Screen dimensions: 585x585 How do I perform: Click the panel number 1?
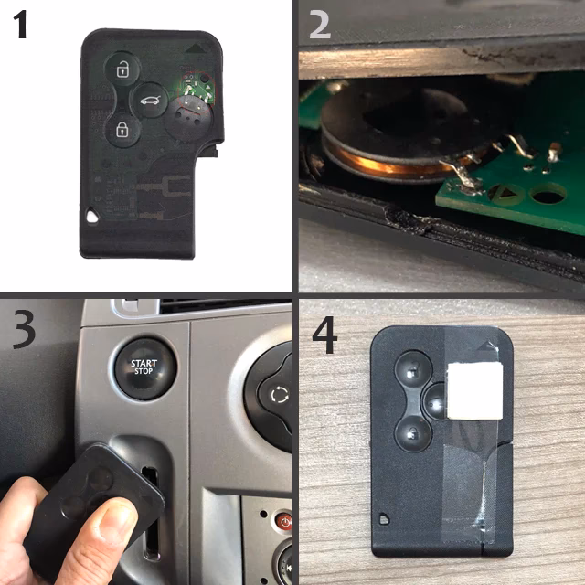20,25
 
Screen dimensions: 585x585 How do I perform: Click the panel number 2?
320,25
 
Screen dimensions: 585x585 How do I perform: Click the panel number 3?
25,330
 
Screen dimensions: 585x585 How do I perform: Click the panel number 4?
324,335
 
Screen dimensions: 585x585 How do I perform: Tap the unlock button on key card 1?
122,69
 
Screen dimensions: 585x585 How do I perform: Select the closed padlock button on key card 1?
122,130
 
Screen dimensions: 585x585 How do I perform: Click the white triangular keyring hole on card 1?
91,216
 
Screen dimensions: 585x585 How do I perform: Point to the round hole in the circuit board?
548,194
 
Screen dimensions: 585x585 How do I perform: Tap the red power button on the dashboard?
284,521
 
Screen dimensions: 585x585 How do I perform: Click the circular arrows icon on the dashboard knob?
279,395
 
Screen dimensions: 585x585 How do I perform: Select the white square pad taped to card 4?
474,390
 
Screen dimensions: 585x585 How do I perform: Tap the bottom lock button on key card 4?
412,433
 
